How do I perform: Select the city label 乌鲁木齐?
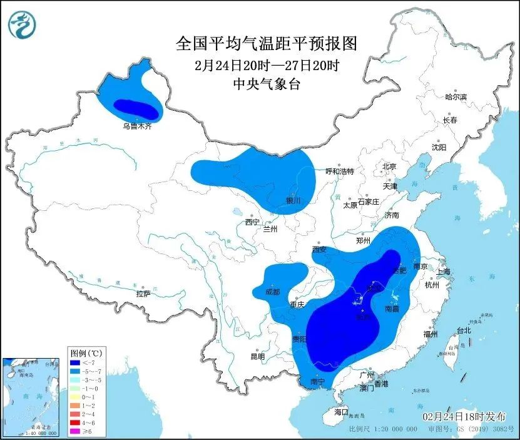(x=136, y=126)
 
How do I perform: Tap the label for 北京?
(x=389, y=166)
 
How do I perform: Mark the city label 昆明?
(x=257, y=356)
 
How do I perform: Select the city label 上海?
(x=443, y=271)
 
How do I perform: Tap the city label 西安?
(x=319, y=250)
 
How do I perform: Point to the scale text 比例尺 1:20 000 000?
(x=384, y=430)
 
